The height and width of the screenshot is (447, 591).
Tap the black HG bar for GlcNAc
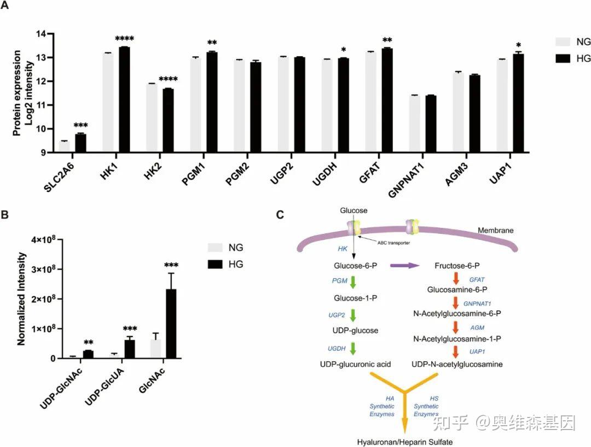tap(171, 324)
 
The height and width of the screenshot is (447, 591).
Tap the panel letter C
tap(280, 215)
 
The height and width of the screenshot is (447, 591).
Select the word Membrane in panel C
tap(495, 230)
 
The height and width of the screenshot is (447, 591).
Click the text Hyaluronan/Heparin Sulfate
tap(405, 442)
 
